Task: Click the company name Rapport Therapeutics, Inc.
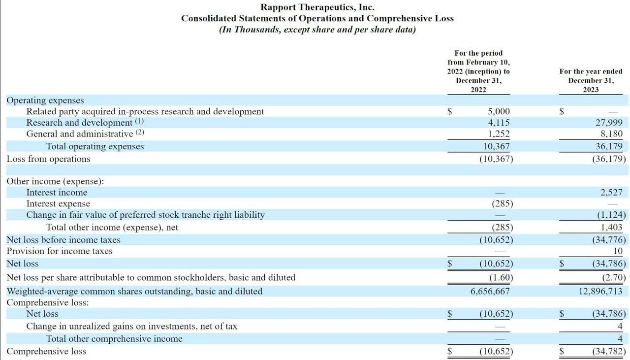[317, 7]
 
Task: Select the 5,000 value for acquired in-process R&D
[499, 111]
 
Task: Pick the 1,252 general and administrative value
[499, 133]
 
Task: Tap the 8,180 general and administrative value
[612, 133]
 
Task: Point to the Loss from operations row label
[48, 159]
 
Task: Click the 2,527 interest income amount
[612, 193]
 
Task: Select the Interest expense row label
[58, 204]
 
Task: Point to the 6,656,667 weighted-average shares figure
[490, 291]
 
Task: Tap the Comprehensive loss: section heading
[47, 302]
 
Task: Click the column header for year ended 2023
[591, 80]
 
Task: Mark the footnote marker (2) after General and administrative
[140, 133]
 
